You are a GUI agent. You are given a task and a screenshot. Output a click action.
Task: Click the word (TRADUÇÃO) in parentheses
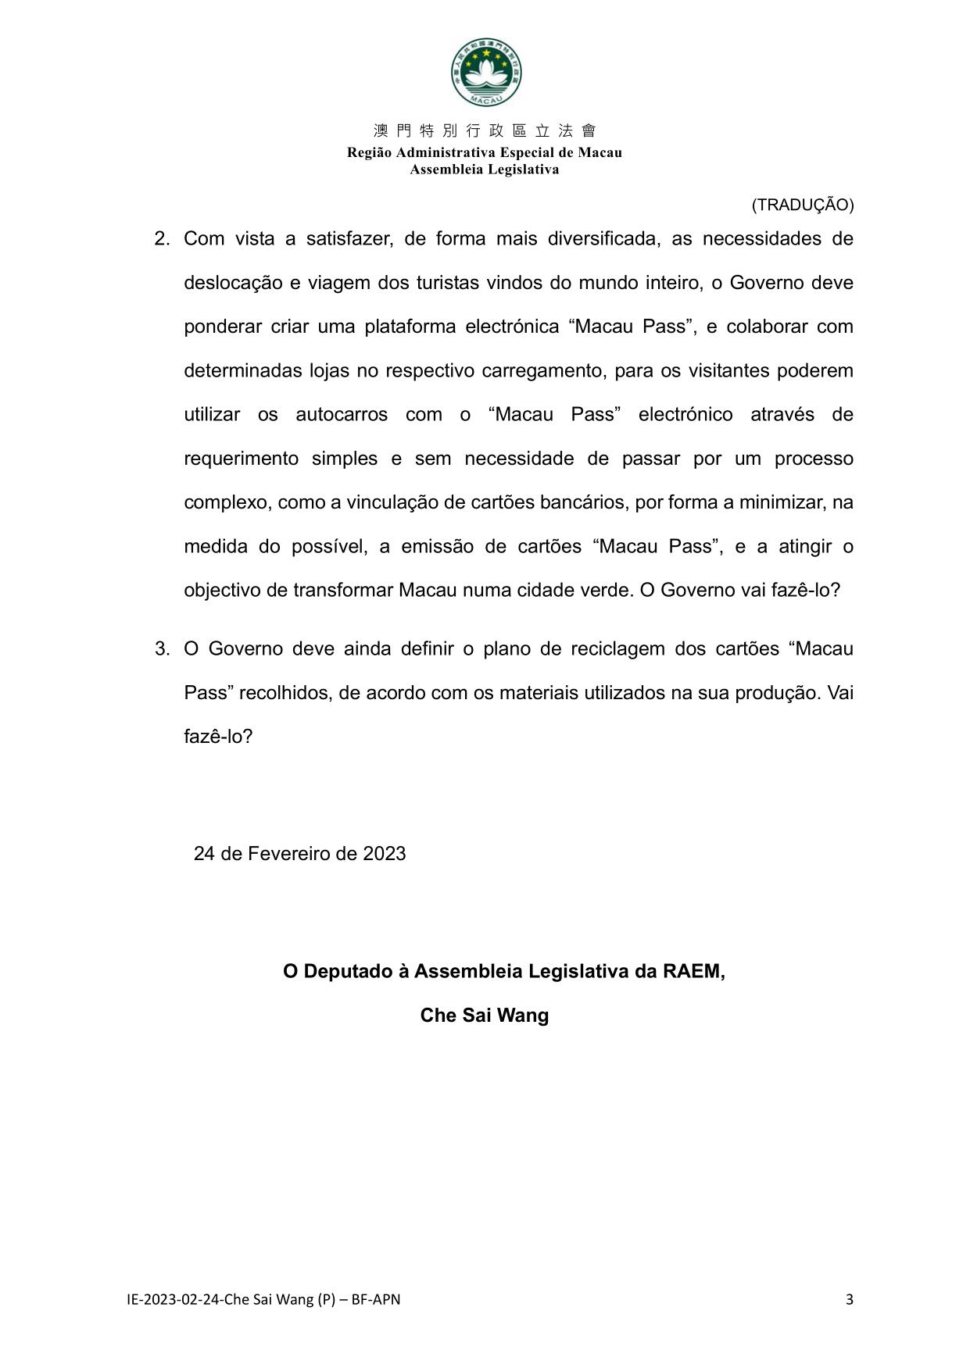tap(803, 205)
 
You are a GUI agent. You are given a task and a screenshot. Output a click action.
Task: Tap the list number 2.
tap(162, 239)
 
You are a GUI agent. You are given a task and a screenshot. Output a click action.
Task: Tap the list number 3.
tap(162, 649)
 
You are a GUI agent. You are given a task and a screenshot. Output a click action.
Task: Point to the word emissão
tap(437, 546)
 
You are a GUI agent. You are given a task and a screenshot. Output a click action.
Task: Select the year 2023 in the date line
tap(385, 854)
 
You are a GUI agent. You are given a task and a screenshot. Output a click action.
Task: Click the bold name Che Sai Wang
tap(485, 1016)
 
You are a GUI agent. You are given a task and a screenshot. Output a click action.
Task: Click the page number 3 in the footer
tap(849, 1300)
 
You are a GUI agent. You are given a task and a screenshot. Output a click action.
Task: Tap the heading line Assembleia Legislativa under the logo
tap(485, 170)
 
